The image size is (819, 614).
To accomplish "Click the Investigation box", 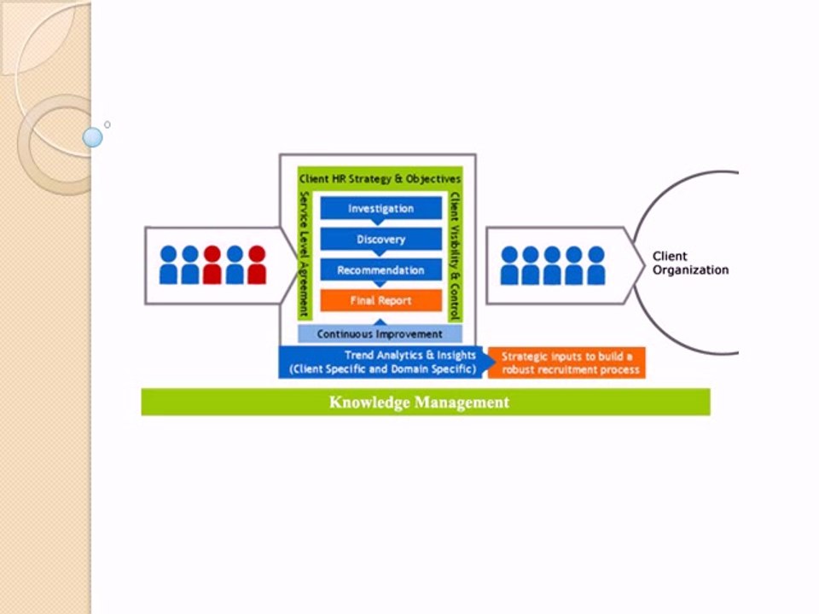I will (380, 209).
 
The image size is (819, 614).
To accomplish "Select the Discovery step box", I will (380, 240).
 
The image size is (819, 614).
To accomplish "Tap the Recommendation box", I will (380, 270).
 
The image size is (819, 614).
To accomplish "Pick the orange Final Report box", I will (380, 301).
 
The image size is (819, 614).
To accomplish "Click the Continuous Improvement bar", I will (380, 334).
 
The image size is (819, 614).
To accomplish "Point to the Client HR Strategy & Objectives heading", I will (380, 179).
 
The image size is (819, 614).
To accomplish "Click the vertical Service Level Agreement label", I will (304, 253).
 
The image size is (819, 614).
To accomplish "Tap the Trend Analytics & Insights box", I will (381, 362).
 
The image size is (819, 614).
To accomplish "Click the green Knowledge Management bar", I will (425, 403).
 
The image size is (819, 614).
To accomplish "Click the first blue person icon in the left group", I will (168, 265).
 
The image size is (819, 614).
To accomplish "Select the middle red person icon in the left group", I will (212, 265).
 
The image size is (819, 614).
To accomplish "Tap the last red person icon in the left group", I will (257, 265).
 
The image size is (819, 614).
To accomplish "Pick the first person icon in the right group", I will (509, 265).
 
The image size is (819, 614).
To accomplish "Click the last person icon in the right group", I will (596, 265).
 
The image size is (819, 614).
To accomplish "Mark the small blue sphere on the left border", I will (93, 136).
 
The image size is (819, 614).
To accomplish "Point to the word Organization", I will (690, 269).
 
